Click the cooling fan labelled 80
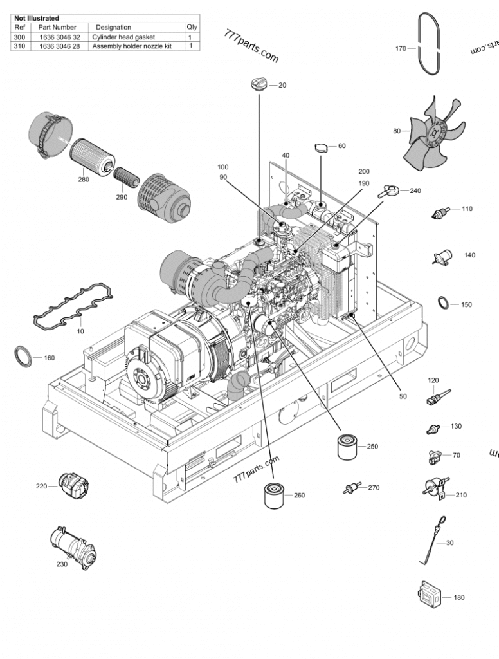pos(433,133)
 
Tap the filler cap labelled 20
pos(259,84)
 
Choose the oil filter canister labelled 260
pos(275,496)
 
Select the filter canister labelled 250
pos(347,447)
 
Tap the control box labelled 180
pos(428,594)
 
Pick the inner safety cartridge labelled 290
pos(126,176)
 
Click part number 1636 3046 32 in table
pos(60,37)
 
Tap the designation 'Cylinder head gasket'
pos(123,37)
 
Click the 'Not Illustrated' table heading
pos(37,18)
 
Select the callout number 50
pos(403,396)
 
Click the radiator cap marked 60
pos(322,147)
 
